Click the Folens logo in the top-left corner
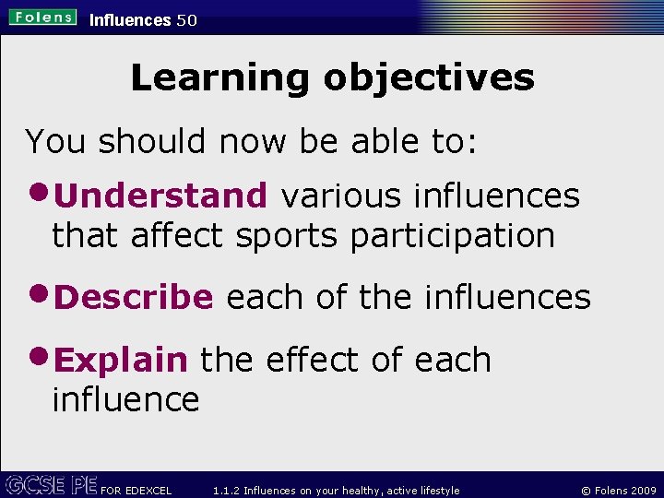point(43,18)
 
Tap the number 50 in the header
point(186,19)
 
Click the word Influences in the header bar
point(130,19)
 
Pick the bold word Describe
point(135,297)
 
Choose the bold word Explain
point(122,360)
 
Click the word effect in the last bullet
point(314,360)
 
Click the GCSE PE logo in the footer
point(50,484)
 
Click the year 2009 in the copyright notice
point(643,491)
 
